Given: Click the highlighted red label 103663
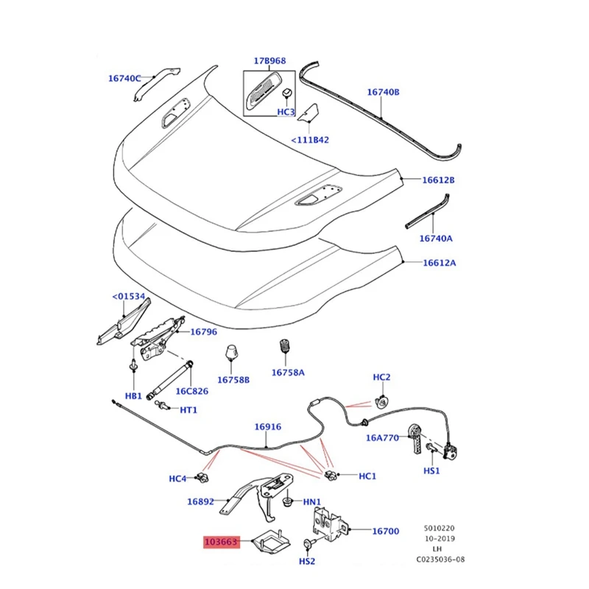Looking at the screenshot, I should click(221, 543).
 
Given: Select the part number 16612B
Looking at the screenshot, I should click(438, 180).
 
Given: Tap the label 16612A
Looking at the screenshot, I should click(438, 263).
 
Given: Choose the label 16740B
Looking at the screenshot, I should click(383, 92).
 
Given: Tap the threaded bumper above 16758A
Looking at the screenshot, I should click(284, 348).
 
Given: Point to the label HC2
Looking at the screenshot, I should click(381, 378).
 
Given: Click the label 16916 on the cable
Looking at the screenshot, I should click(267, 426).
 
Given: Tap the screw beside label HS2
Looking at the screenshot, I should click(308, 544).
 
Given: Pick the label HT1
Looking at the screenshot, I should click(189, 410).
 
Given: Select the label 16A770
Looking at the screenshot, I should click(382, 437).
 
